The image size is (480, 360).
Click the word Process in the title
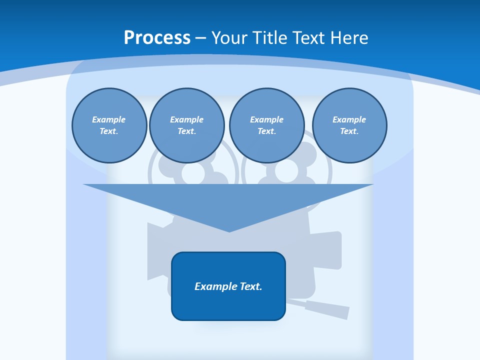[x=157, y=38]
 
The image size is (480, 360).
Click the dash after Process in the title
[x=200, y=38]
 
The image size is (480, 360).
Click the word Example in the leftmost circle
[x=109, y=119]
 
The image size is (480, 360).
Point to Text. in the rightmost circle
[x=349, y=131]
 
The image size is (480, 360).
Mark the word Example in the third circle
[x=266, y=119]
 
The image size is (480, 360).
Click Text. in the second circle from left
[x=187, y=131]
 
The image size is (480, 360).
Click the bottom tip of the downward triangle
[x=229, y=230]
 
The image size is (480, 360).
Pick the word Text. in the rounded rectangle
[x=251, y=286]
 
